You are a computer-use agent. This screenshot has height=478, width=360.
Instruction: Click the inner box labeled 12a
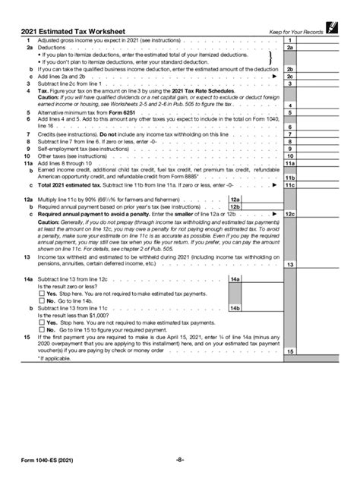point(256,199)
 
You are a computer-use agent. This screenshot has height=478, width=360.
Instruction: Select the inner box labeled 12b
point(256,206)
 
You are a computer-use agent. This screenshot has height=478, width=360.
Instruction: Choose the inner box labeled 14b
point(256,309)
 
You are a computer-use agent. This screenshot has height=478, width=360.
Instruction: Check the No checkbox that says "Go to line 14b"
point(29,301)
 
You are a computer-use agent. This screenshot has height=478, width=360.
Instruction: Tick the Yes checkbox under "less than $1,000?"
point(29,322)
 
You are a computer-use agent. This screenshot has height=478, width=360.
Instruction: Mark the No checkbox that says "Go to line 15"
point(29,329)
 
